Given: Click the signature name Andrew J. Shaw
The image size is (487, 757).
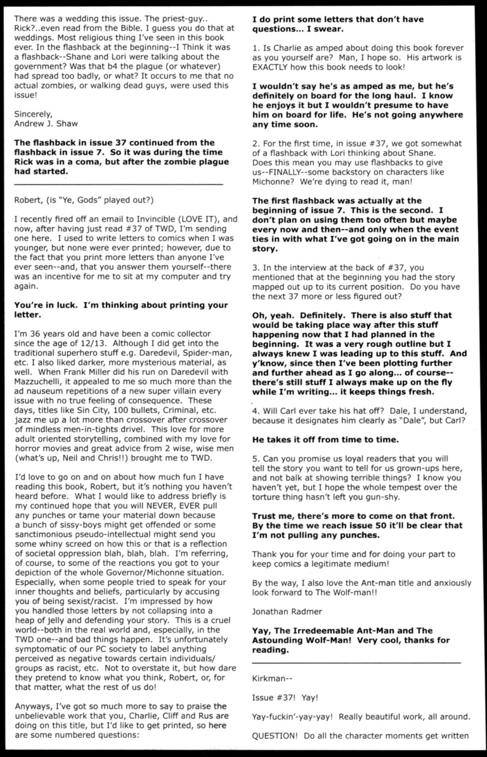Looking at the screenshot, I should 46,123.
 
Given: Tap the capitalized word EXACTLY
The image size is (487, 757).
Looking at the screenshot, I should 273,67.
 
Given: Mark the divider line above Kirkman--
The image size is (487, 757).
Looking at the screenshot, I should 356,662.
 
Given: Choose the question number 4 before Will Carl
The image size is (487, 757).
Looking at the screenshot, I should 255,410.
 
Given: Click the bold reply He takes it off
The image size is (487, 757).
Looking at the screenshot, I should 325,439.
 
